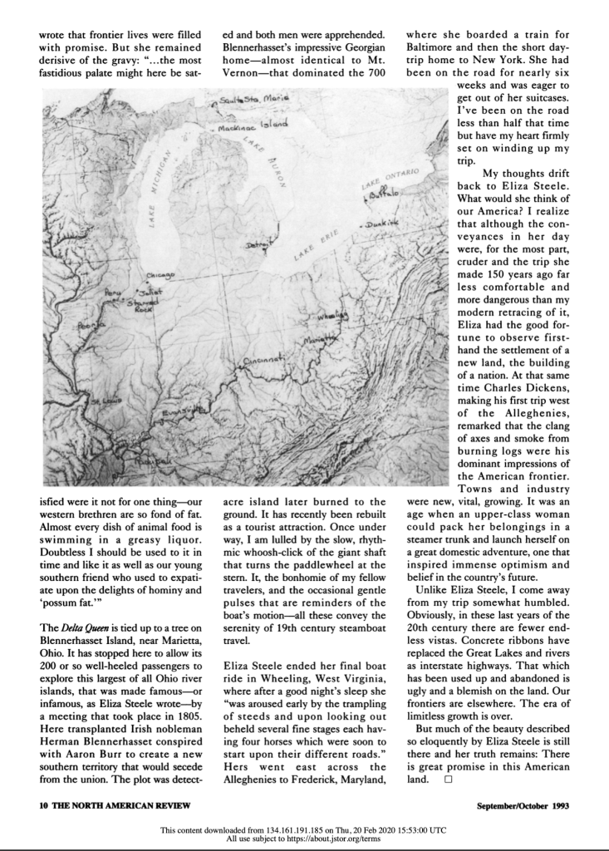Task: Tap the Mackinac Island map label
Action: pyautogui.click(x=254, y=128)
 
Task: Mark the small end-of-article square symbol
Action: pyautogui.click(x=448, y=780)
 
